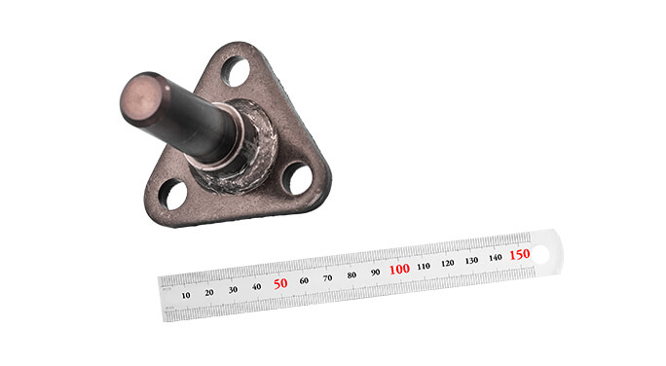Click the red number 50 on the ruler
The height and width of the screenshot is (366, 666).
point(280,283)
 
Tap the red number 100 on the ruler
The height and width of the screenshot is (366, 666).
point(399,269)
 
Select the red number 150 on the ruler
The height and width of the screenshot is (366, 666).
point(520,254)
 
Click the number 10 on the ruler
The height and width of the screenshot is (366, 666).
point(186,295)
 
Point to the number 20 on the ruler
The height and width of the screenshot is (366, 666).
point(209,292)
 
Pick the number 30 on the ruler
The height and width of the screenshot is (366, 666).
point(233,289)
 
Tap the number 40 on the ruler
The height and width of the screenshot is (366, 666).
point(256,286)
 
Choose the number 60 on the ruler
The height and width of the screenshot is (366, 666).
point(304,280)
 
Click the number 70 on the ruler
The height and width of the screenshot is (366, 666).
point(328,277)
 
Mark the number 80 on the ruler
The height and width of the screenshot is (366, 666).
point(351,274)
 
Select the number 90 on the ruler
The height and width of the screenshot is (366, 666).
point(375,272)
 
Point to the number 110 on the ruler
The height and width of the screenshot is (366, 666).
point(424,266)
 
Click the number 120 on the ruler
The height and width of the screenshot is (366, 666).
point(447,263)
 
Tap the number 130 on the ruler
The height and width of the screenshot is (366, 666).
point(471,260)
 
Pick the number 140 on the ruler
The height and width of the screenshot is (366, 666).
point(495,257)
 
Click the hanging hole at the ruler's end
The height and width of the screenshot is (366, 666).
point(541,252)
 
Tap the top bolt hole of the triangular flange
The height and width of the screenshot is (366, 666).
point(235,70)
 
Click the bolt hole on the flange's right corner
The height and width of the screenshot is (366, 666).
point(298,178)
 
